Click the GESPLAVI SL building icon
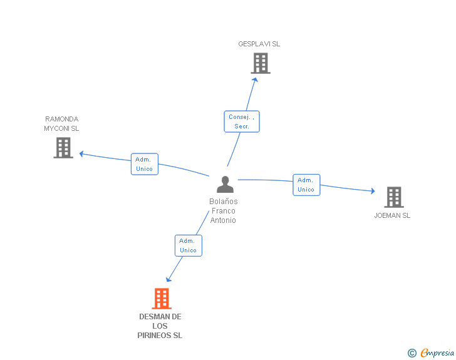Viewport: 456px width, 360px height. point(260,63)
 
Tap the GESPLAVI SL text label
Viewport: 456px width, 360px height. point(259,44)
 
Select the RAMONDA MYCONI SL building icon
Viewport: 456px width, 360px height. point(63,148)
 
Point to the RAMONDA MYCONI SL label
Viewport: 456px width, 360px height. point(61,124)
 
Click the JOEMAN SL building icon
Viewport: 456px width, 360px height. point(393,197)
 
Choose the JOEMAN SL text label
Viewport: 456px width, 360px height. point(392,215)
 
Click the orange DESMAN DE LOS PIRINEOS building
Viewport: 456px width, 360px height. point(162,299)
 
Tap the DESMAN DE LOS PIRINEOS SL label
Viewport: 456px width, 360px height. point(160,326)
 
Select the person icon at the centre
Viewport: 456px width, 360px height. point(224,185)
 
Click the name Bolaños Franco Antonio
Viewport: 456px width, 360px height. point(223,211)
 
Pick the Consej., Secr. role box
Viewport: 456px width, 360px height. point(242,121)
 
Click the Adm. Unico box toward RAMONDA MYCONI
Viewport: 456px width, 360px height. point(144,164)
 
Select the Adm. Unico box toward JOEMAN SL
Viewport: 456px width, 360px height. point(306,185)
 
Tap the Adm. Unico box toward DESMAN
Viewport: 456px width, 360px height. point(188,245)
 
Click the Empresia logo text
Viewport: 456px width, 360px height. point(437,353)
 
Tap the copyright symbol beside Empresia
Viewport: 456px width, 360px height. point(412,353)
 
